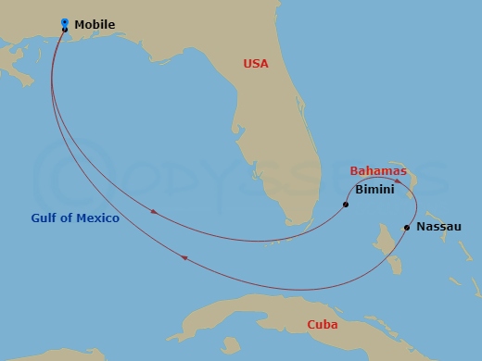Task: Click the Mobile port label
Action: click(x=94, y=25)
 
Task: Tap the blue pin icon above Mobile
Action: click(x=64, y=21)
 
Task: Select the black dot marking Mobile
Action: click(x=64, y=30)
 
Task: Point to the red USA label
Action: click(x=256, y=64)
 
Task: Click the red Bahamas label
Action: click(x=378, y=171)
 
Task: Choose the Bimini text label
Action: click(x=374, y=189)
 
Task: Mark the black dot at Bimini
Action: click(x=346, y=204)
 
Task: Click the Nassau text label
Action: click(x=438, y=226)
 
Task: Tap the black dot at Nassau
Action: click(x=407, y=227)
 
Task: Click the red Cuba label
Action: click(x=323, y=325)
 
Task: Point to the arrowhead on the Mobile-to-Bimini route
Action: click(x=154, y=212)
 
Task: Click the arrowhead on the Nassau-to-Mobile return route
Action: click(x=185, y=257)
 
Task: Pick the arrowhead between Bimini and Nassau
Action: click(x=398, y=181)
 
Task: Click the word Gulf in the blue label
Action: click(x=42, y=218)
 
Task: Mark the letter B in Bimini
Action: click(x=359, y=189)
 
